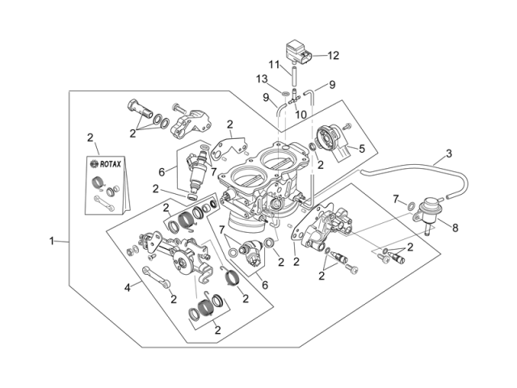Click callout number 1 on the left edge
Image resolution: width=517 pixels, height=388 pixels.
52,240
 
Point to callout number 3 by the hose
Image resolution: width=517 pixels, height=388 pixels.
448,153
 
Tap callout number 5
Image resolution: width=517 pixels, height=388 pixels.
362,148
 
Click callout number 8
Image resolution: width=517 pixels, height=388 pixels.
455,228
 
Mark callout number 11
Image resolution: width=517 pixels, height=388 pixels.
274,64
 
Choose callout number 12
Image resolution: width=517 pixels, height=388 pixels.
333,56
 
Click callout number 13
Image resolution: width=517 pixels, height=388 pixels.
262,78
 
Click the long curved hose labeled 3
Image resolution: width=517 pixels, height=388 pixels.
404,171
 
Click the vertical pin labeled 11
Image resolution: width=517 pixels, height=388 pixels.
295,75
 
